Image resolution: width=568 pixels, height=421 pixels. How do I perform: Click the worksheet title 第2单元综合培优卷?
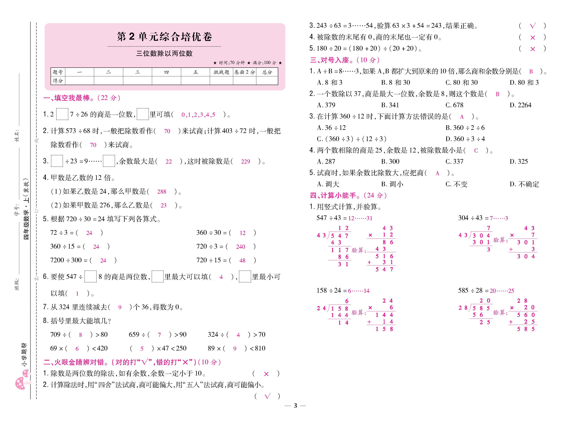coord(165,37)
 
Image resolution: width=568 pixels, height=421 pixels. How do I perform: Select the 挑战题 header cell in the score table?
coord(221,72)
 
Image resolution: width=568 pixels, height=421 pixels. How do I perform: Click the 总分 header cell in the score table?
coord(267,72)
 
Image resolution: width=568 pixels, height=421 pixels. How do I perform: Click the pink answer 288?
coord(162,192)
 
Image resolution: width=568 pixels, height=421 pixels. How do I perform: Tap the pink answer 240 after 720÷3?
coord(241,247)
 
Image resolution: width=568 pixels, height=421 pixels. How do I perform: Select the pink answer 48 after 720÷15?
coord(242,260)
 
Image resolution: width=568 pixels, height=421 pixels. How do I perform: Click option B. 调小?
coord(392,184)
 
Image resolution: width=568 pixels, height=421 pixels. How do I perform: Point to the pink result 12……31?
coord(360,218)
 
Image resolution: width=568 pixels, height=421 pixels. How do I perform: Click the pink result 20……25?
coord(502,291)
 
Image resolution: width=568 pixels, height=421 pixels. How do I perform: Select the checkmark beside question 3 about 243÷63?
coord(533,26)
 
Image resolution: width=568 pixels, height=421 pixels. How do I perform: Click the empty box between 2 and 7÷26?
coord(62,114)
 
